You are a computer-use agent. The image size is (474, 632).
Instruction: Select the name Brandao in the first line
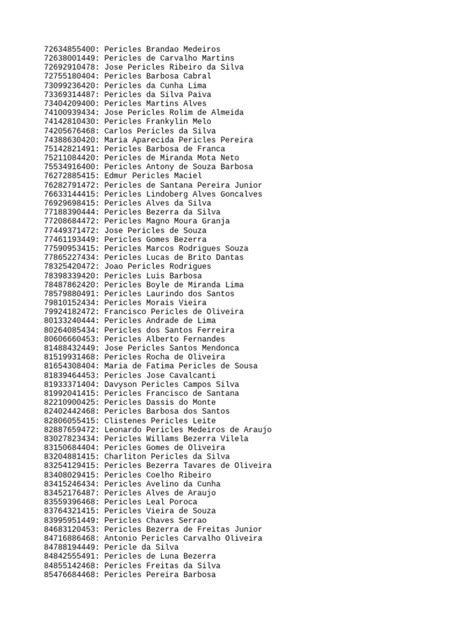(x=168, y=49)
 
